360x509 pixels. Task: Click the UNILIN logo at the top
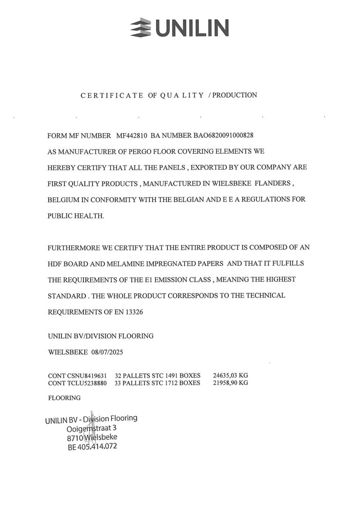click(180, 28)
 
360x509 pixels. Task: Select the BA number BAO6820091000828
click(223, 136)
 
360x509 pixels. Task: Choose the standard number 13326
click(133, 311)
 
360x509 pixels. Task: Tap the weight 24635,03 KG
click(230, 375)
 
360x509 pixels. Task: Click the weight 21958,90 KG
click(230, 383)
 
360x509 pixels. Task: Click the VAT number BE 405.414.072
click(92, 446)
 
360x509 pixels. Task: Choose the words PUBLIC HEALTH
click(75, 215)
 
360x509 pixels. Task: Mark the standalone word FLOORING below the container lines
click(64, 398)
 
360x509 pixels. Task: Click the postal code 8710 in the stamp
click(75, 437)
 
